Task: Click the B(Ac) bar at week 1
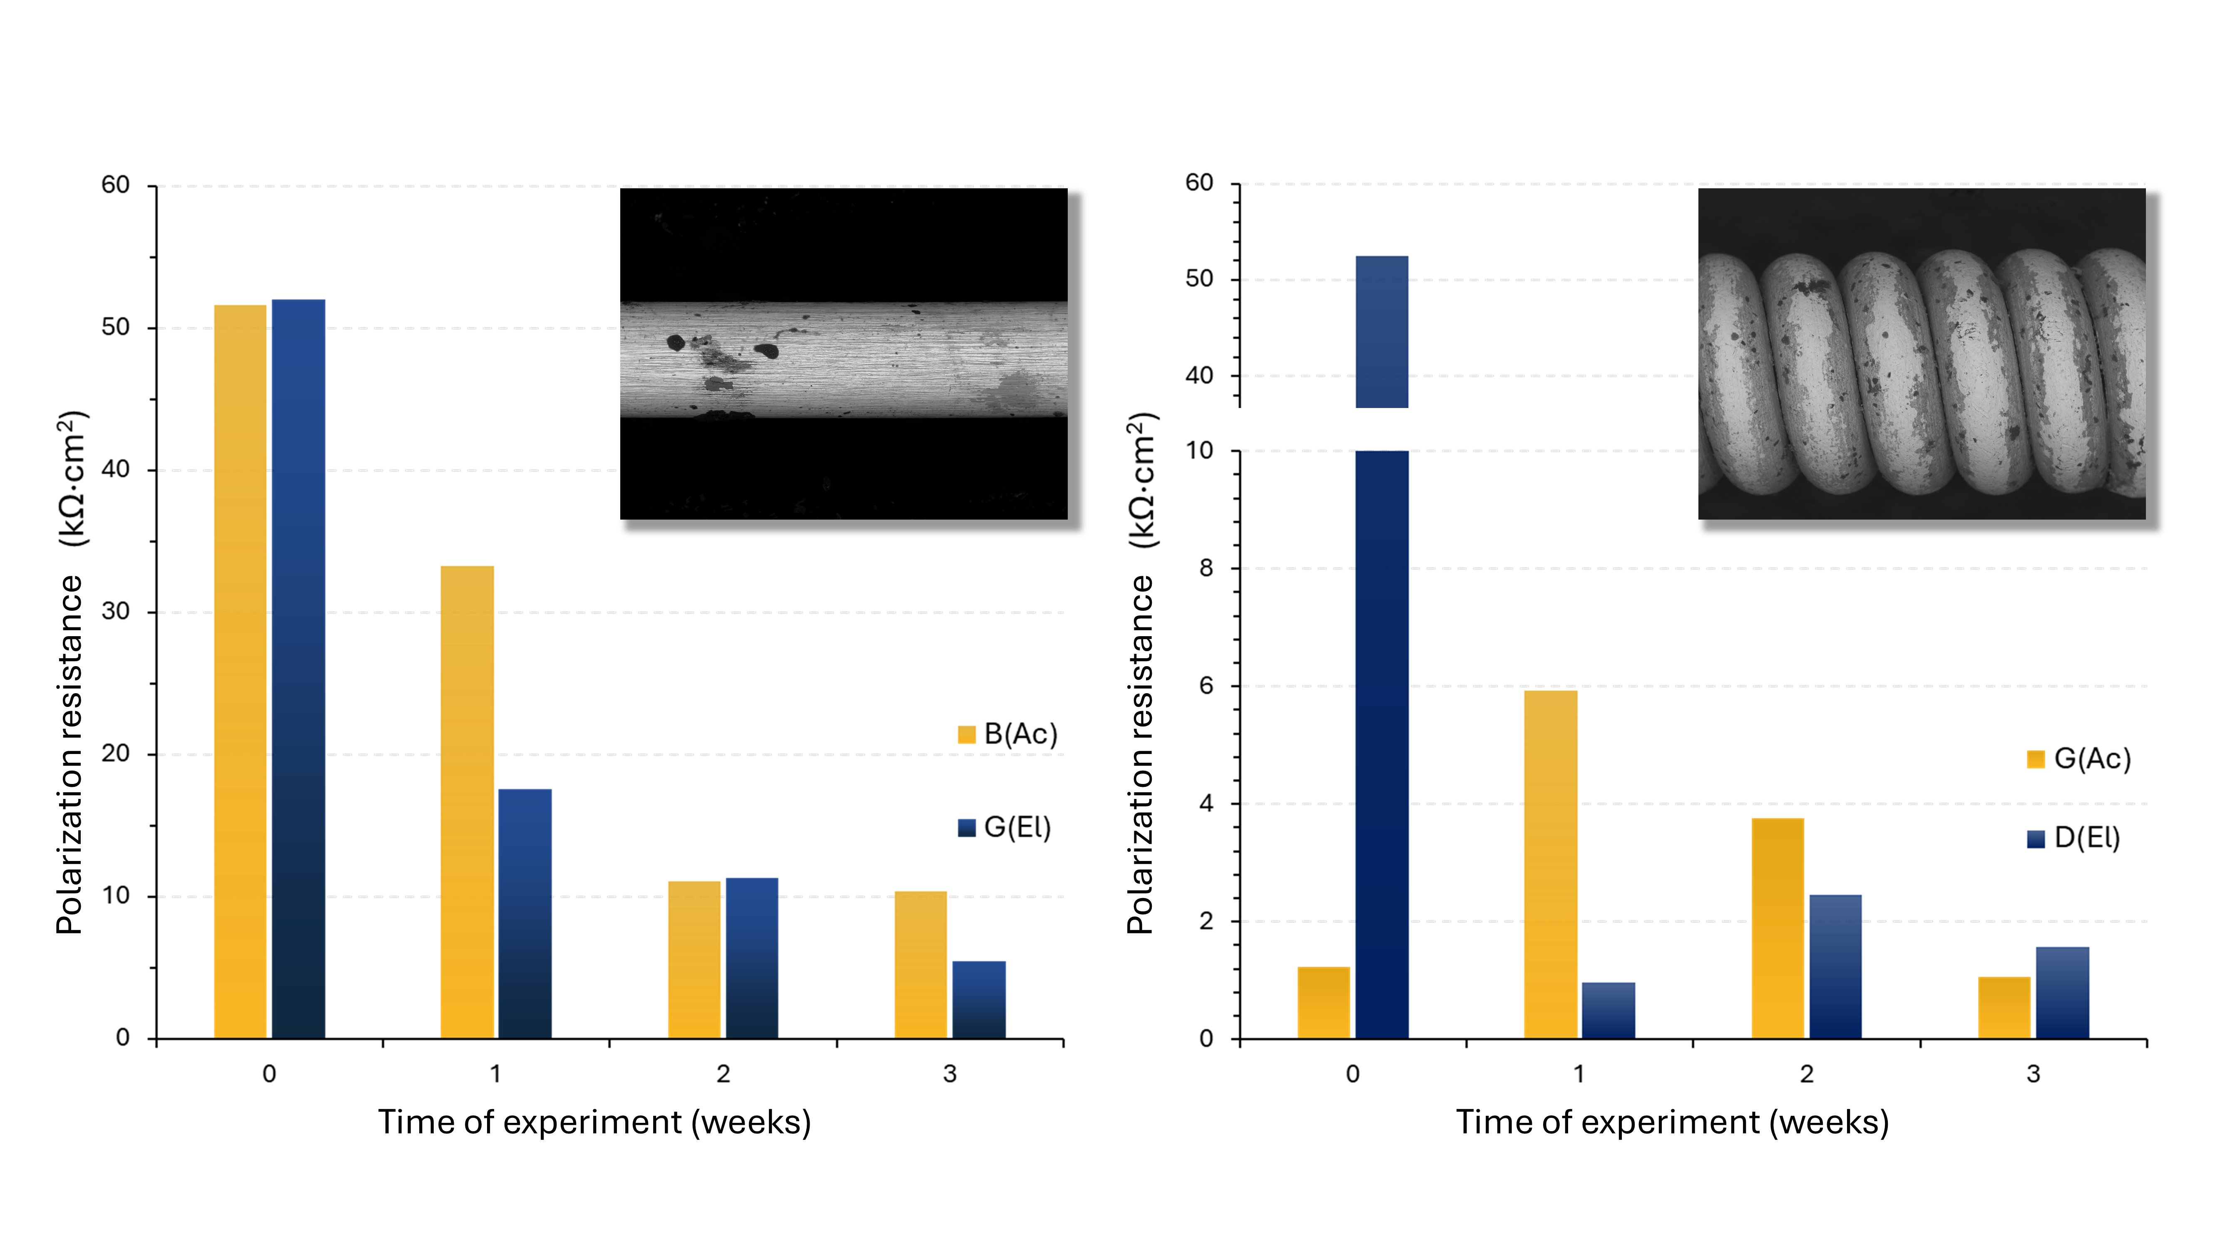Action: (x=467, y=801)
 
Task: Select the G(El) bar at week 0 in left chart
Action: (x=298, y=669)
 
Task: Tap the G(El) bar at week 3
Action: (x=978, y=1000)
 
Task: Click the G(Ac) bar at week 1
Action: (x=1550, y=865)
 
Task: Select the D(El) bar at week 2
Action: (x=1835, y=966)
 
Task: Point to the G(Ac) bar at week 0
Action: (x=1324, y=1003)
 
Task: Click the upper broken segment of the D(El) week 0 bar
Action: (x=1382, y=332)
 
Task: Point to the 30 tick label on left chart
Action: (x=115, y=611)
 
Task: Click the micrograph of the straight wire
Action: (x=844, y=353)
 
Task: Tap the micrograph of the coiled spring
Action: (x=1922, y=353)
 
